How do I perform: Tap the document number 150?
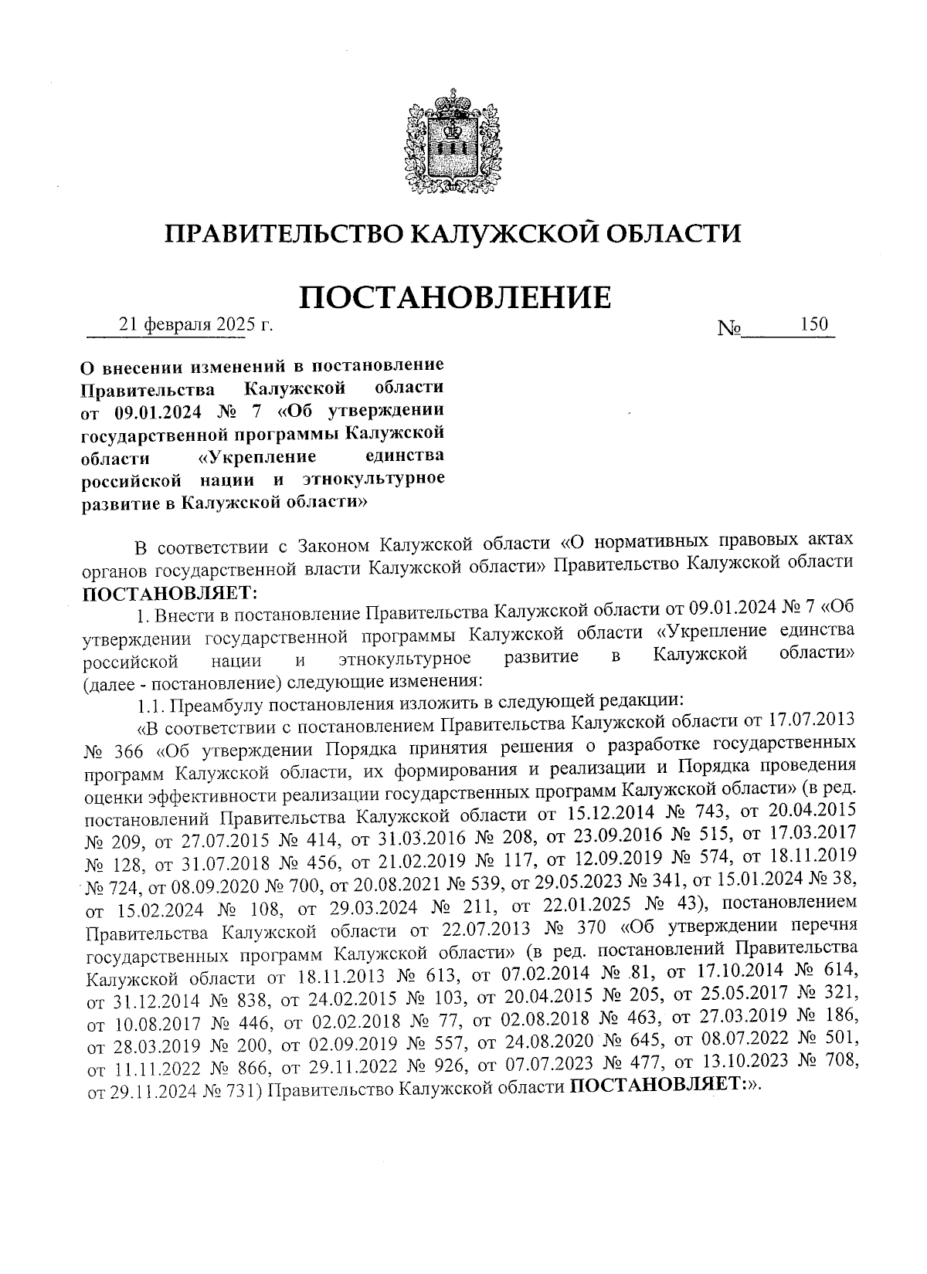tap(814, 325)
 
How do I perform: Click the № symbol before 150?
tap(729, 328)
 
